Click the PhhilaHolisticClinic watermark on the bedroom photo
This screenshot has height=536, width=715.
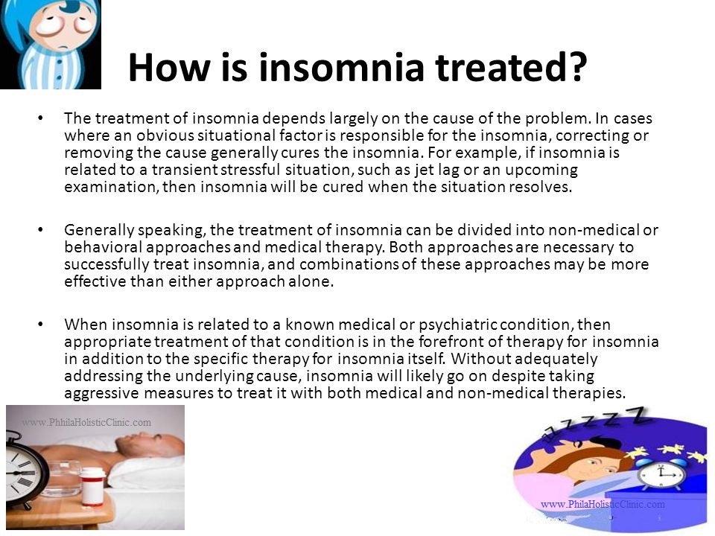86,422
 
